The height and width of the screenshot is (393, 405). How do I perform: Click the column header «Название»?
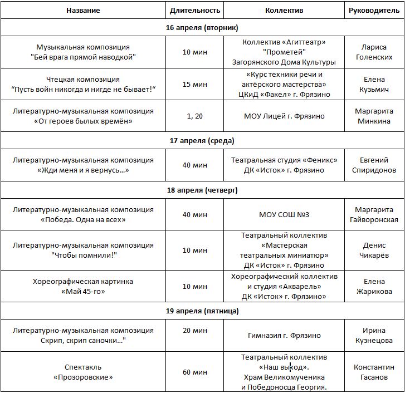[84, 11]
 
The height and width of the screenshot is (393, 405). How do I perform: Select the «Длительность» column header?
[195, 11]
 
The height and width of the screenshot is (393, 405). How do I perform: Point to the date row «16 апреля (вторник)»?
[202, 27]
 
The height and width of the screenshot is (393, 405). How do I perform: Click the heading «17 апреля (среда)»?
[202, 140]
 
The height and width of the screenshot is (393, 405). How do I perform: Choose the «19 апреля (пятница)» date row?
[202, 311]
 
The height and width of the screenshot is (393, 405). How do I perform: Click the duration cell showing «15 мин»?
[195, 84]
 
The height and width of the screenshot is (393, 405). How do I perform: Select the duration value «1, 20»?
[195, 116]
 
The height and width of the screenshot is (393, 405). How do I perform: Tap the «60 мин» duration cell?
[195, 372]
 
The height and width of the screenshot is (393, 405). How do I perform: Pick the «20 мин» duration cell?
[195, 330]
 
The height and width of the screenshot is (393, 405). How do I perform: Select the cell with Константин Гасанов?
[373, 372]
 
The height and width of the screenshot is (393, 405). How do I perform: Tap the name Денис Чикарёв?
[373, 250]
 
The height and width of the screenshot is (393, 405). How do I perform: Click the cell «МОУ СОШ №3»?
[284, 214]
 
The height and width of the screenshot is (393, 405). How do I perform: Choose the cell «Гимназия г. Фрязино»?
[284, 336]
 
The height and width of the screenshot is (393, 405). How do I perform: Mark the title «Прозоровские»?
[84, 377]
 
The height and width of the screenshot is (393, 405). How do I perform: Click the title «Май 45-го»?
[83, 291]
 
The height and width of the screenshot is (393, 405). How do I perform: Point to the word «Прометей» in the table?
[284, 52]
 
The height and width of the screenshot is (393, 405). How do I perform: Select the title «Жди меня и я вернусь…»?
[84, 170]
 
